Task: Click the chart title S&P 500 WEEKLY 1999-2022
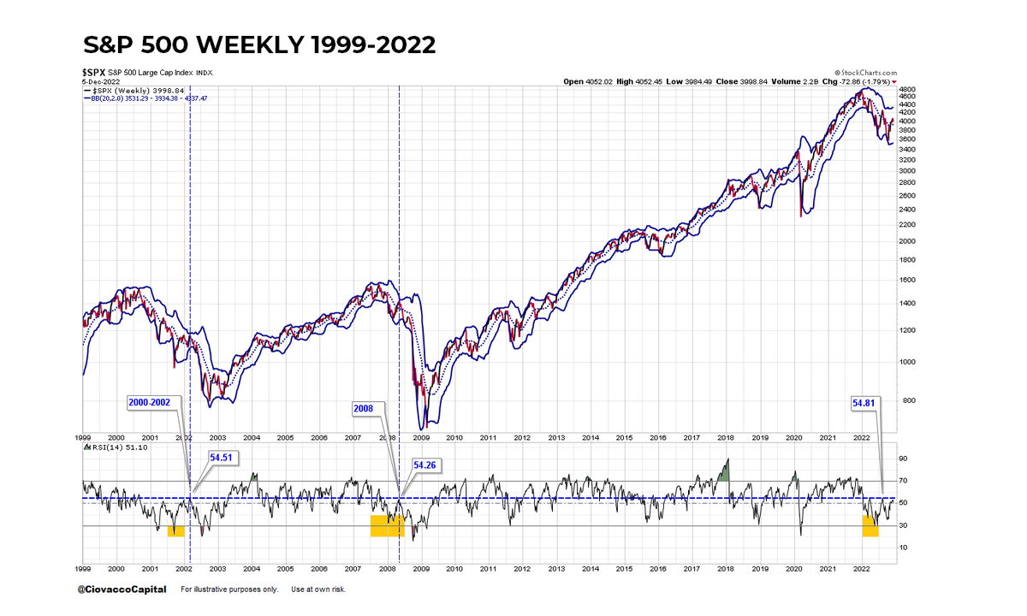(x=259, y=45)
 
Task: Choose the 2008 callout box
(x=364, y=408)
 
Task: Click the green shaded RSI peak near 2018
(x=724, y=471)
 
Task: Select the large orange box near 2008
(x=386, y=525)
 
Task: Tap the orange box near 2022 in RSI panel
(x=870, y=526)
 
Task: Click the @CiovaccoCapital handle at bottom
(x=122, y=589)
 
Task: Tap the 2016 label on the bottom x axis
(x=657, y=568)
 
